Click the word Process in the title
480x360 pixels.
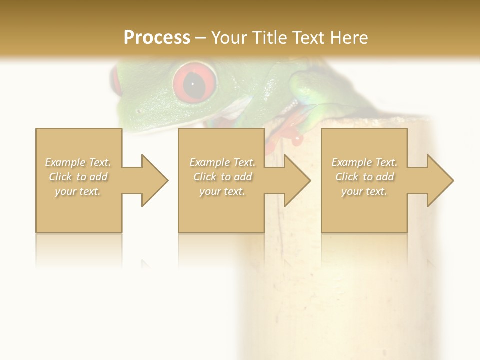coord(157,37)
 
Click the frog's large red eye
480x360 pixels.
coord(195,82)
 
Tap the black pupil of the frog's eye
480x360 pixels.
coord(193,85)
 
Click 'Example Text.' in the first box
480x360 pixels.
coord(78,162)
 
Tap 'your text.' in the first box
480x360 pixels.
coord(78,191)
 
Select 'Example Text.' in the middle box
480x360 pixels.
coord(222,162)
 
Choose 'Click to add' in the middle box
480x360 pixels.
coord(222,177)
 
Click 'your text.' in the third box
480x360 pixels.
coord(364,191)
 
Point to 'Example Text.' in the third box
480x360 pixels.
coord(364,162)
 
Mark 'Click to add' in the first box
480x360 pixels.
coord(78,177)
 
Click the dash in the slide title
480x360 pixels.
coord(200,38)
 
